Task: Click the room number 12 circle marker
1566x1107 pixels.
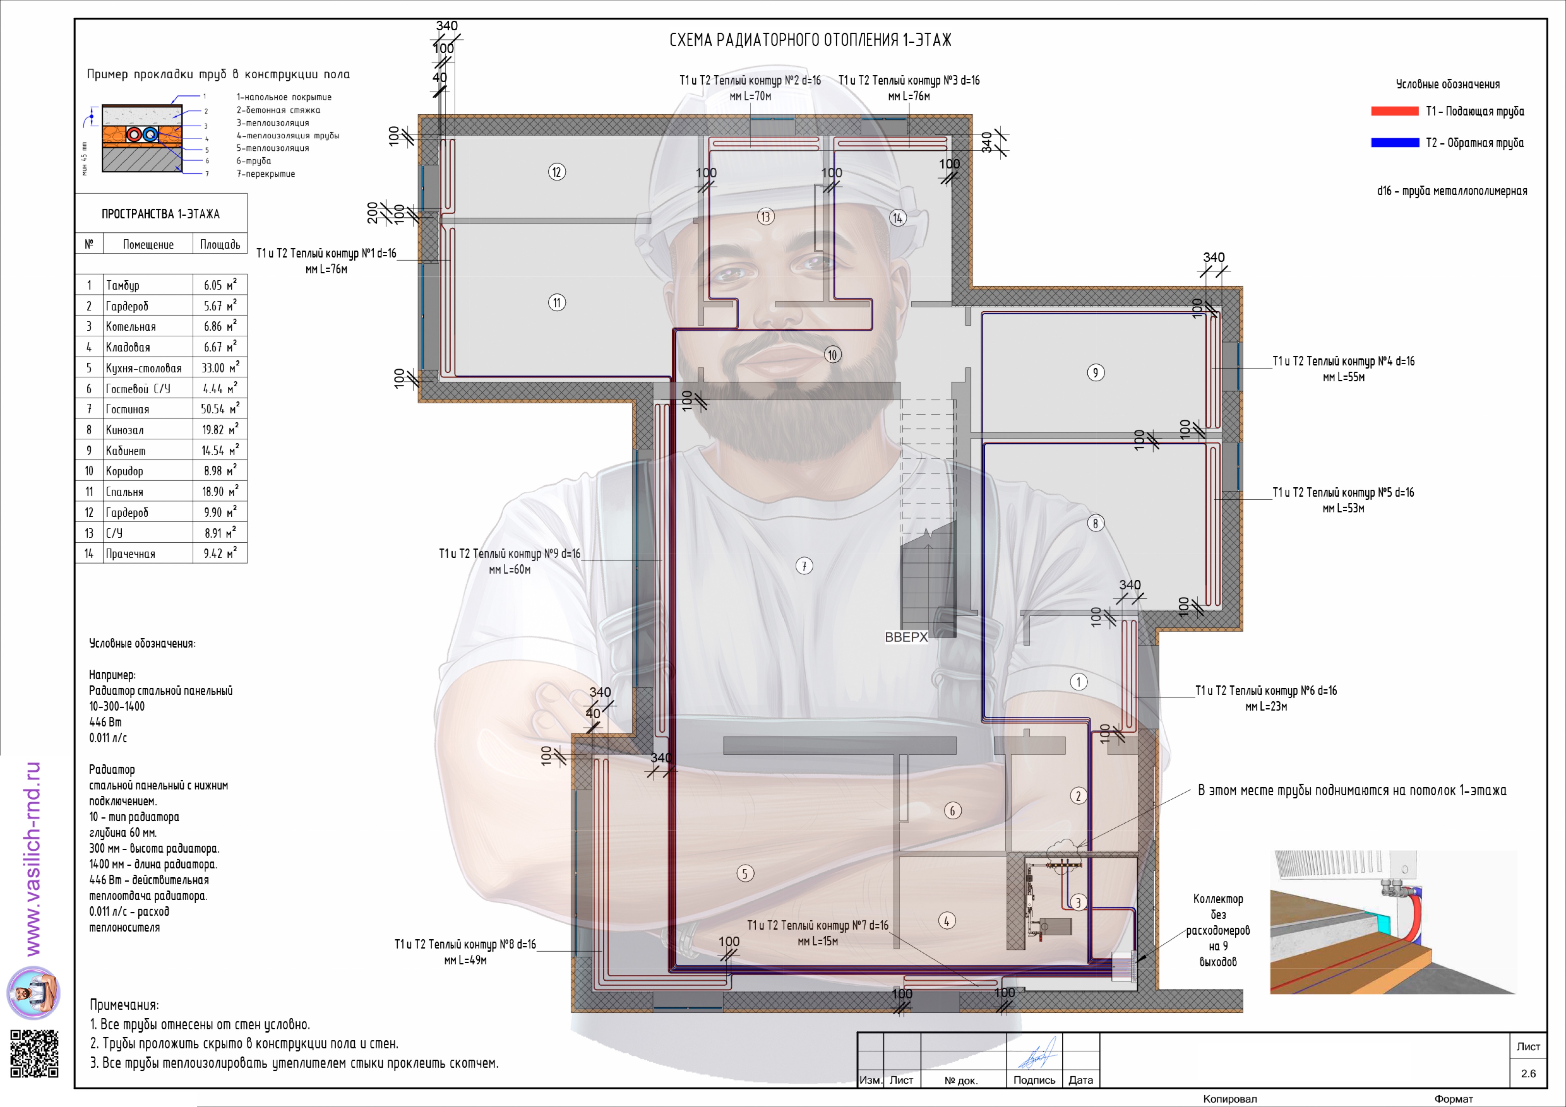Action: point(557,172)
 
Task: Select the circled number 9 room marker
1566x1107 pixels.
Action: point(1096,373)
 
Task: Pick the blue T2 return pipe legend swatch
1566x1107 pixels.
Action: point(1395,142)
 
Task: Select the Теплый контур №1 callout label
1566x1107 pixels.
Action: point(326,261)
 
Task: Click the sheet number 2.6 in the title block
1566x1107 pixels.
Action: point(1528,1073)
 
